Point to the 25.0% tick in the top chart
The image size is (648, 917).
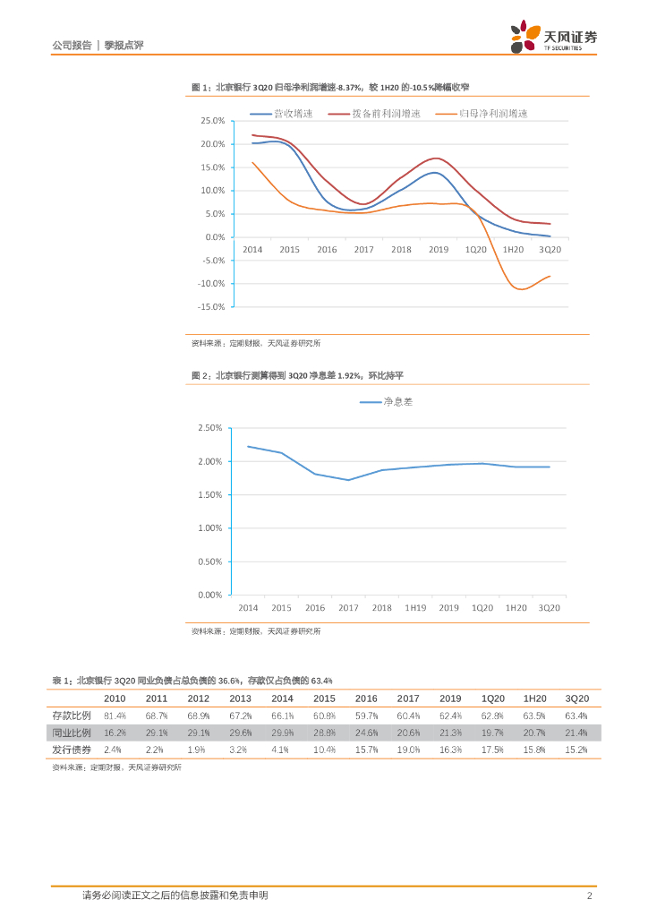click(212, 120)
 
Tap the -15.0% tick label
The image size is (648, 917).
click(210, 306)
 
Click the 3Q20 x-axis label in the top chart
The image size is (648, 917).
click(549, 250)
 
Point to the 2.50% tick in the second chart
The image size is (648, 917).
click(209, 428)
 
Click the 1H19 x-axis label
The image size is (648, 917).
click(414, 608)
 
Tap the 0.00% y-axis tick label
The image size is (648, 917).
click(209, 595)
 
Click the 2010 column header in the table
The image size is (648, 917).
click(115, 698)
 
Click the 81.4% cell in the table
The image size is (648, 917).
click(115, 716)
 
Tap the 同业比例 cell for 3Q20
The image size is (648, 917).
click(576, 733)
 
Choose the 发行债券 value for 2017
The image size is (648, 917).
click(408, 749)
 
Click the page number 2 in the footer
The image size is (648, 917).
click(589, 896)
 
